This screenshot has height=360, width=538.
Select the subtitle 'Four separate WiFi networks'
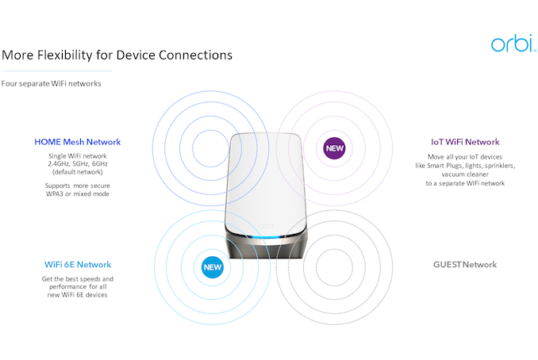tap(52, 82)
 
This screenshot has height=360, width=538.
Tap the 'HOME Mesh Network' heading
tap(78, 142)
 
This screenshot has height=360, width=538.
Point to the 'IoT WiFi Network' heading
tap(466, 142)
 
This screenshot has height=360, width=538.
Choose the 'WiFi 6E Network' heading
tap(77, 264)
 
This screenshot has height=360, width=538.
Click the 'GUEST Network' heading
tap(465, 264)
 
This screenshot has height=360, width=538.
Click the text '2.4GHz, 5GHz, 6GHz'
tap(78, 163)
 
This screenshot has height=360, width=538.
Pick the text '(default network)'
tap(78, 171)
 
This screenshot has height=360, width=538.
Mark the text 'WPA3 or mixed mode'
tap(78, 193)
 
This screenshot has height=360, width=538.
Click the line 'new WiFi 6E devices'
tap(77, 295)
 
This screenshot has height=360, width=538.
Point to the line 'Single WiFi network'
tap(78, 155)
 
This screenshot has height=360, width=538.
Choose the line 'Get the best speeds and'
tap(77, 279)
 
